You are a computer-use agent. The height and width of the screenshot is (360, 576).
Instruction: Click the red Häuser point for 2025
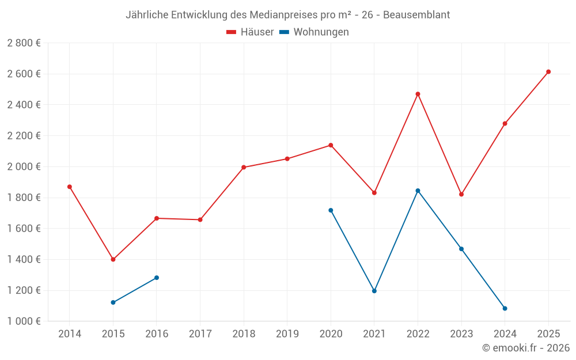[x=548, y=72]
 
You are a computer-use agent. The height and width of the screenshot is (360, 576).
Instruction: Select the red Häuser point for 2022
[x=418, y=94]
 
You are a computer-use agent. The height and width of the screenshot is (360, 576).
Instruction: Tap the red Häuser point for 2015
[x=113, y=259]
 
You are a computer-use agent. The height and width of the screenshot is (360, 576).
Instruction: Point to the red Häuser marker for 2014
[x=70, y=187]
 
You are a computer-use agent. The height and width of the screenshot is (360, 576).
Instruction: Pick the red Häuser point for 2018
[x=244, y=168]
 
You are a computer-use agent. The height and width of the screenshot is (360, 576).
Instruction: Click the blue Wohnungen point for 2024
[x=505, y=308]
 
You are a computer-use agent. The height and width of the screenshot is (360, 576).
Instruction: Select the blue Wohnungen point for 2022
[x=418, y=191]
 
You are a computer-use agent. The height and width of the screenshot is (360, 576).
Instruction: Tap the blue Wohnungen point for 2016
[x=157, y=278]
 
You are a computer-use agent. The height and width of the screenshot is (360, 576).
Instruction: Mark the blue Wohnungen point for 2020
[x=331, y=210]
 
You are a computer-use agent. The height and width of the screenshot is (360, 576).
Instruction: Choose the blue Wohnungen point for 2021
[x=374, y=291]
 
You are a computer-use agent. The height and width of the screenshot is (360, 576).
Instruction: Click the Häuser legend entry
[x=250, y=32]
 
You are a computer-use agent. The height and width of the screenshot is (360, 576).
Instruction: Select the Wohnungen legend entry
[x=314, y=32]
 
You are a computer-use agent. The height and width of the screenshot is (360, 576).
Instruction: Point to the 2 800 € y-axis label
[x=24, y=43]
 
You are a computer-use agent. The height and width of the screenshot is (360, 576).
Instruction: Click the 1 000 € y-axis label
[x=24, y=321]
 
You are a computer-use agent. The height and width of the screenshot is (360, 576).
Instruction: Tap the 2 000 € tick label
[x=24, y=167]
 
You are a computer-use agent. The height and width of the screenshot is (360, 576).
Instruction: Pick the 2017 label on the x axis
[x=200, y=334]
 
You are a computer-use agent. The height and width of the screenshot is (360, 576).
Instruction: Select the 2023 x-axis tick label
[x=461, y=334]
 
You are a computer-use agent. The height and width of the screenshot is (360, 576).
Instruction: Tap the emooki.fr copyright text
[x=526, y=348]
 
